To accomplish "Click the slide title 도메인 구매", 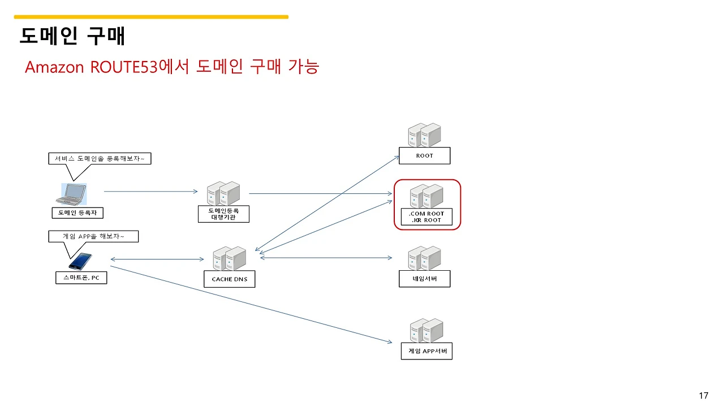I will (x=72, y=36).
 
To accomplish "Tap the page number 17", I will (x=704, y=396).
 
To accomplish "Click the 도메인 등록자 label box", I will (x=77, y=213).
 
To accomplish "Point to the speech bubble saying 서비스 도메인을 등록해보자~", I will (x=100, y=159).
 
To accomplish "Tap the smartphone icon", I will (x=80, y=261).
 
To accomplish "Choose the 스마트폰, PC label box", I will (x=81, y=278).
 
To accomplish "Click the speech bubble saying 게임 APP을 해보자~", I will (x=93, y=236).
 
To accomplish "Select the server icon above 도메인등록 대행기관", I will (x=223, y=193).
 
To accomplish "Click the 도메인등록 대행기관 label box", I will (x=223, y=214).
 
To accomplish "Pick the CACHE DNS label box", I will (x=229, y=279).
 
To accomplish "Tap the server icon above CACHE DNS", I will (x=229, y=258).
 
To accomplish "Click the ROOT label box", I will (x=424, y=155).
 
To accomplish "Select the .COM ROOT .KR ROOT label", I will (x=426, y=217).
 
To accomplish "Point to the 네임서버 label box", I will (x=424, y=279).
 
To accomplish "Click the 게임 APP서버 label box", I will (x=426, y=351).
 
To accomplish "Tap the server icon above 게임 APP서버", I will (x=426, y=331).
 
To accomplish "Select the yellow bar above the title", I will (x=151, y=17).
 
